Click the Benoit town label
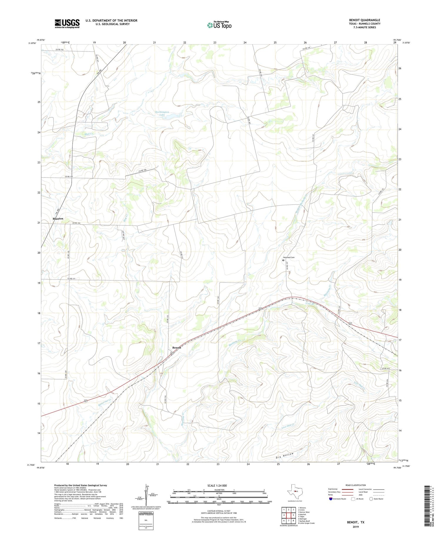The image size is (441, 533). [177, 347]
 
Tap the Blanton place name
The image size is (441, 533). [58, 219]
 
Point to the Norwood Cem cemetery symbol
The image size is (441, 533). [283, 260]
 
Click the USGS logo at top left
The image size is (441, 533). [67, 24]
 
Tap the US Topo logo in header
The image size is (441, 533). [219, 25]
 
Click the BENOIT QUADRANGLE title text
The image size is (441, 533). [364, 20]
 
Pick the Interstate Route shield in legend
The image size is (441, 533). [331, 499]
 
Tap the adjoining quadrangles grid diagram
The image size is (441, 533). [289, 515]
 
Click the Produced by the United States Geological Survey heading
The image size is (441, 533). [81, 485]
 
